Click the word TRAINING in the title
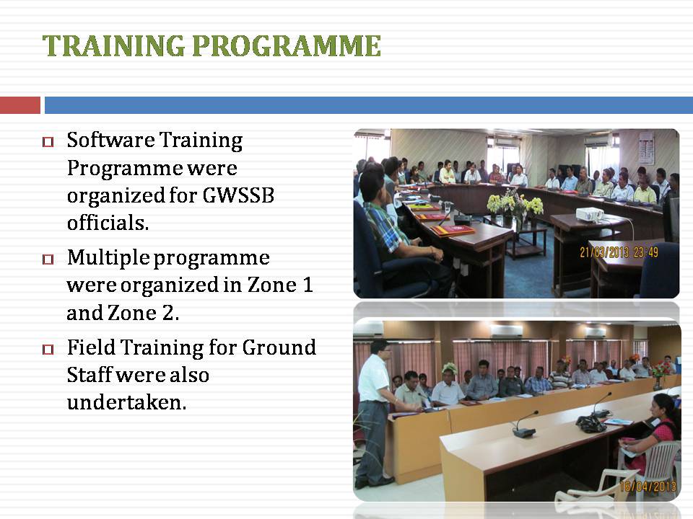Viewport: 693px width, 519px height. coord(113,46)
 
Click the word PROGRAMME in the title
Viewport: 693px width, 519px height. coord(287,46)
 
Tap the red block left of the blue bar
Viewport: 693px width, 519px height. coord(20,105)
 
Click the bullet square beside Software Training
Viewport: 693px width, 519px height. coord(48,142)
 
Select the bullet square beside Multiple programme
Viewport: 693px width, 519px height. coord(48,259)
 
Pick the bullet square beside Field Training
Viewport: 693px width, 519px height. coord(48,350)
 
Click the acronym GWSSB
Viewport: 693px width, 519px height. coord(239,195)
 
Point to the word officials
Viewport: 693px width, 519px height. coord(108,223)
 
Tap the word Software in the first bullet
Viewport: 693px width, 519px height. coord(111,140)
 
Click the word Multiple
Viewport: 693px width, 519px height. coord(108,258)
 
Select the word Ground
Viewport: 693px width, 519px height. coord(279,347)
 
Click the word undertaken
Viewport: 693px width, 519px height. coord(127,402)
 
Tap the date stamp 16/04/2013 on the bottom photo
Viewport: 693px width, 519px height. coord(648,487)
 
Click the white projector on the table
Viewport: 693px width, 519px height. coord(590,214)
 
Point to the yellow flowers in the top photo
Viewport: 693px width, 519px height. coord(515,204)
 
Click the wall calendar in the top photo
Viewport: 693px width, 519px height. coord(645,148)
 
